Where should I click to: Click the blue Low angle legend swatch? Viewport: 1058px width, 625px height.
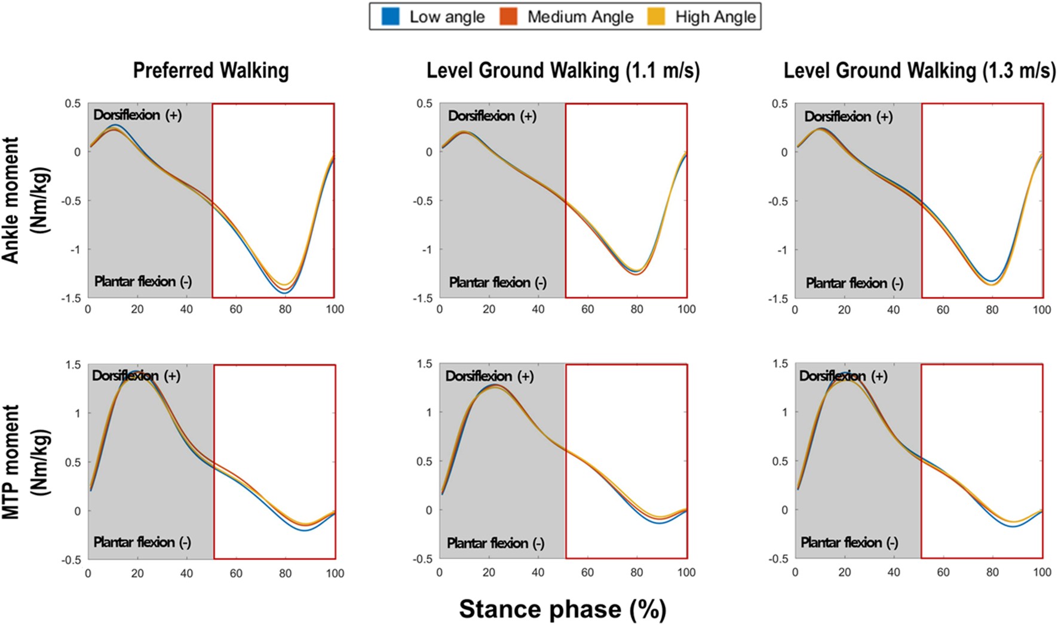pos(390,16)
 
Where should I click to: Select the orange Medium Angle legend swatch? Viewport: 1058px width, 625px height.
pos(509,16)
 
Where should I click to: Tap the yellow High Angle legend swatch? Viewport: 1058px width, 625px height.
pos(657,16)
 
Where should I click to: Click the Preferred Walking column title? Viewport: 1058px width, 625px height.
pos(211,70)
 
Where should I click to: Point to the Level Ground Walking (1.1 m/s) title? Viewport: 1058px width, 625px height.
pos(563,70)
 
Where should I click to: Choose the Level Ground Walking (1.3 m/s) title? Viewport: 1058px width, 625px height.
pos(919,70)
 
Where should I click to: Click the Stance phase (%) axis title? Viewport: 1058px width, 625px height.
pos(562,609)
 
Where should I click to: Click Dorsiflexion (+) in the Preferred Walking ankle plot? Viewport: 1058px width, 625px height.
pos(137,115)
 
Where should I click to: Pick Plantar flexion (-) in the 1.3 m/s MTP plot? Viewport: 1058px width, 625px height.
pos(849,543)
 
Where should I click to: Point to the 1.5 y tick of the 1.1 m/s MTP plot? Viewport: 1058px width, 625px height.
pos(425,364)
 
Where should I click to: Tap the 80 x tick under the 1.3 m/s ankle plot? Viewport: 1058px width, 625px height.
pos(992,310)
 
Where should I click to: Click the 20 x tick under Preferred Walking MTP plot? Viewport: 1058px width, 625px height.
pos(137,574)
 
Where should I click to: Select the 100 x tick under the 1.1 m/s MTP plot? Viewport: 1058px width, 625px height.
pos(686,573)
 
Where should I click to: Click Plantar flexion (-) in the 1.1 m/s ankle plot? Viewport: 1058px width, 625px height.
pos(498,282)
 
